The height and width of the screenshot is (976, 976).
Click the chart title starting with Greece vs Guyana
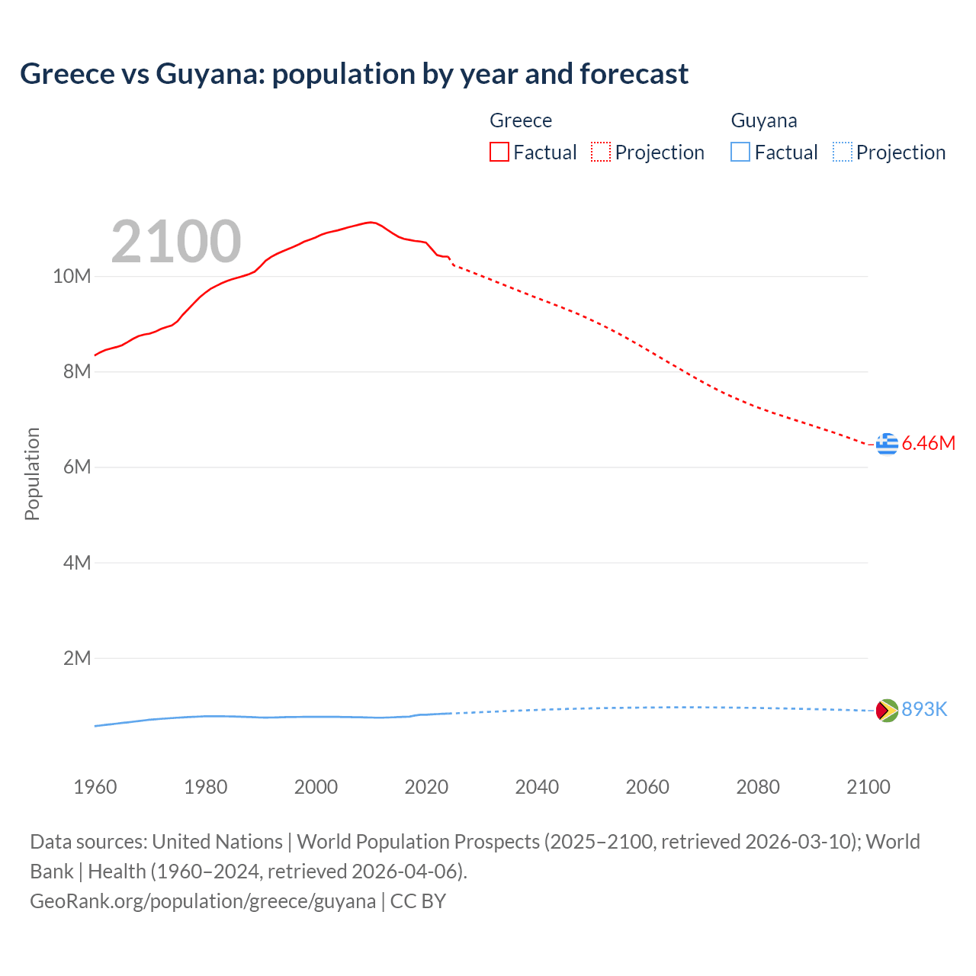coord(354,74)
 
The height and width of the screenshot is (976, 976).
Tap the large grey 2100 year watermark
coord(176,242)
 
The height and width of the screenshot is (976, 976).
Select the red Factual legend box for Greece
coord(499,152)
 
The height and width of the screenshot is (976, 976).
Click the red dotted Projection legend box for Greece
coord(601,152)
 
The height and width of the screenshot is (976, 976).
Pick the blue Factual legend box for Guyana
coord(740,152)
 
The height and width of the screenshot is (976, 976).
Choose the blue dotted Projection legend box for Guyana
coord(842,152)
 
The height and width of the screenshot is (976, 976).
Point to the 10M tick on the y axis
coord(72,276)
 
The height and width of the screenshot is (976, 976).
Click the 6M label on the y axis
coord(76,467)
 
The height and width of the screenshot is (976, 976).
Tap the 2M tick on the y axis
coord(76,658)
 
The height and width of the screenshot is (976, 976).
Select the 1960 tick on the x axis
coord(95,787)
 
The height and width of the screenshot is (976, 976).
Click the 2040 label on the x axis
coord(537,787)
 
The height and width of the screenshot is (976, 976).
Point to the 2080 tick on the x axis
coord(758,787)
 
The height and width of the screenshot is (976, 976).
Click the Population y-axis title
coord(32,474)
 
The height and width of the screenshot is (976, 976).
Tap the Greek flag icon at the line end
coord(887,443)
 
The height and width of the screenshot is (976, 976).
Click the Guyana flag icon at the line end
coord(887,710)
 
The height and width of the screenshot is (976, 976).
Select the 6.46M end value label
coord(928,443)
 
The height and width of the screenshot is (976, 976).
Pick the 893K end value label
coord(924,710)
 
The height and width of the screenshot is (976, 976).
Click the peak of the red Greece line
coord(370,222)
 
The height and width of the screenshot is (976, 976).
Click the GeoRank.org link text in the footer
coord(202,901)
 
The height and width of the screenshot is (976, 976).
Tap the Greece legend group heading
coord(521,120)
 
